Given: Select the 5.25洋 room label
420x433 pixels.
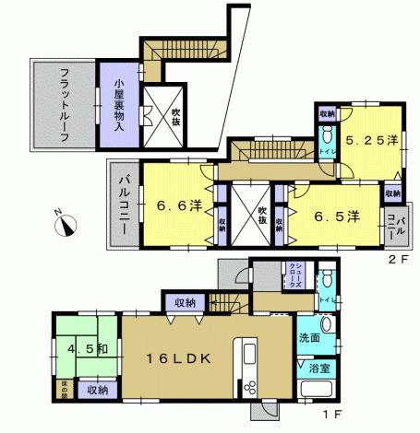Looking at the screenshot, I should (x=372, y=141).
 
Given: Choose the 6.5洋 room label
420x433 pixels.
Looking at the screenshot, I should (x=337, y=216).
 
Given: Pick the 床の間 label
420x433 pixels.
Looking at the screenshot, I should (x=65, y=392).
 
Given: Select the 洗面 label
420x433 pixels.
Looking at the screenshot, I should (x=309, y=338).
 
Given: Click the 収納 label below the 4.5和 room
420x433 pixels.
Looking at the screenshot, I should (x=98, y=391).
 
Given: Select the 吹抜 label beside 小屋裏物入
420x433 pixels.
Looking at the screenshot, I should (x=176, y=119).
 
